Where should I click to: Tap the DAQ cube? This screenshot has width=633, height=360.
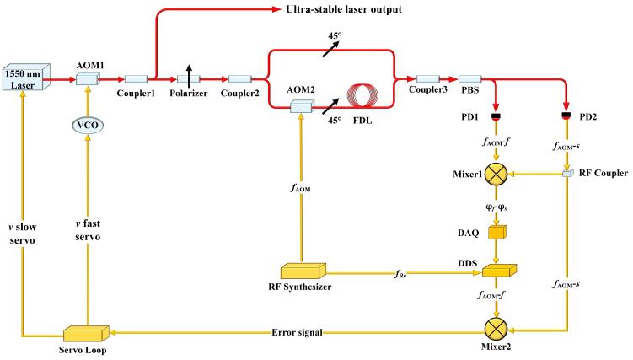497,232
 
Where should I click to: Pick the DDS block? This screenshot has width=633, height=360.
497,270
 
